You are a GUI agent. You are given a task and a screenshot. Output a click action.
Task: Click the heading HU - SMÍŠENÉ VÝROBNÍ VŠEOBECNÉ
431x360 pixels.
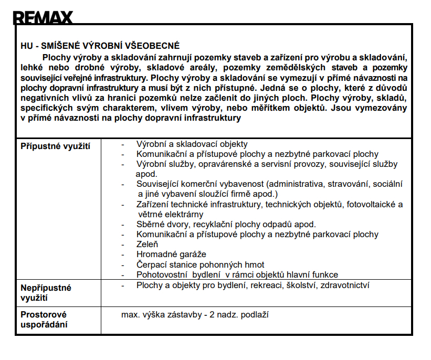tap(100, 46)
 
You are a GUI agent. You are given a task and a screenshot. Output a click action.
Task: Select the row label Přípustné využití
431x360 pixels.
tap(55, 146)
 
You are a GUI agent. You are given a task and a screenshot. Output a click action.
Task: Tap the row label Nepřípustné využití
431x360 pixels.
tap(46, 293)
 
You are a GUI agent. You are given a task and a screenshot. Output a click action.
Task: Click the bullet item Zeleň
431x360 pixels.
tap(148, 244)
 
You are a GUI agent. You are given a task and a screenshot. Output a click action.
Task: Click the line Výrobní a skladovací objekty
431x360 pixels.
tap(192, 144)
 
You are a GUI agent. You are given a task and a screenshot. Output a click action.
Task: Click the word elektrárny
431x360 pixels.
tap(181, 214)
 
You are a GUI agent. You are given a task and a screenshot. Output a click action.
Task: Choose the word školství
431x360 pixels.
tap(293, 285)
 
